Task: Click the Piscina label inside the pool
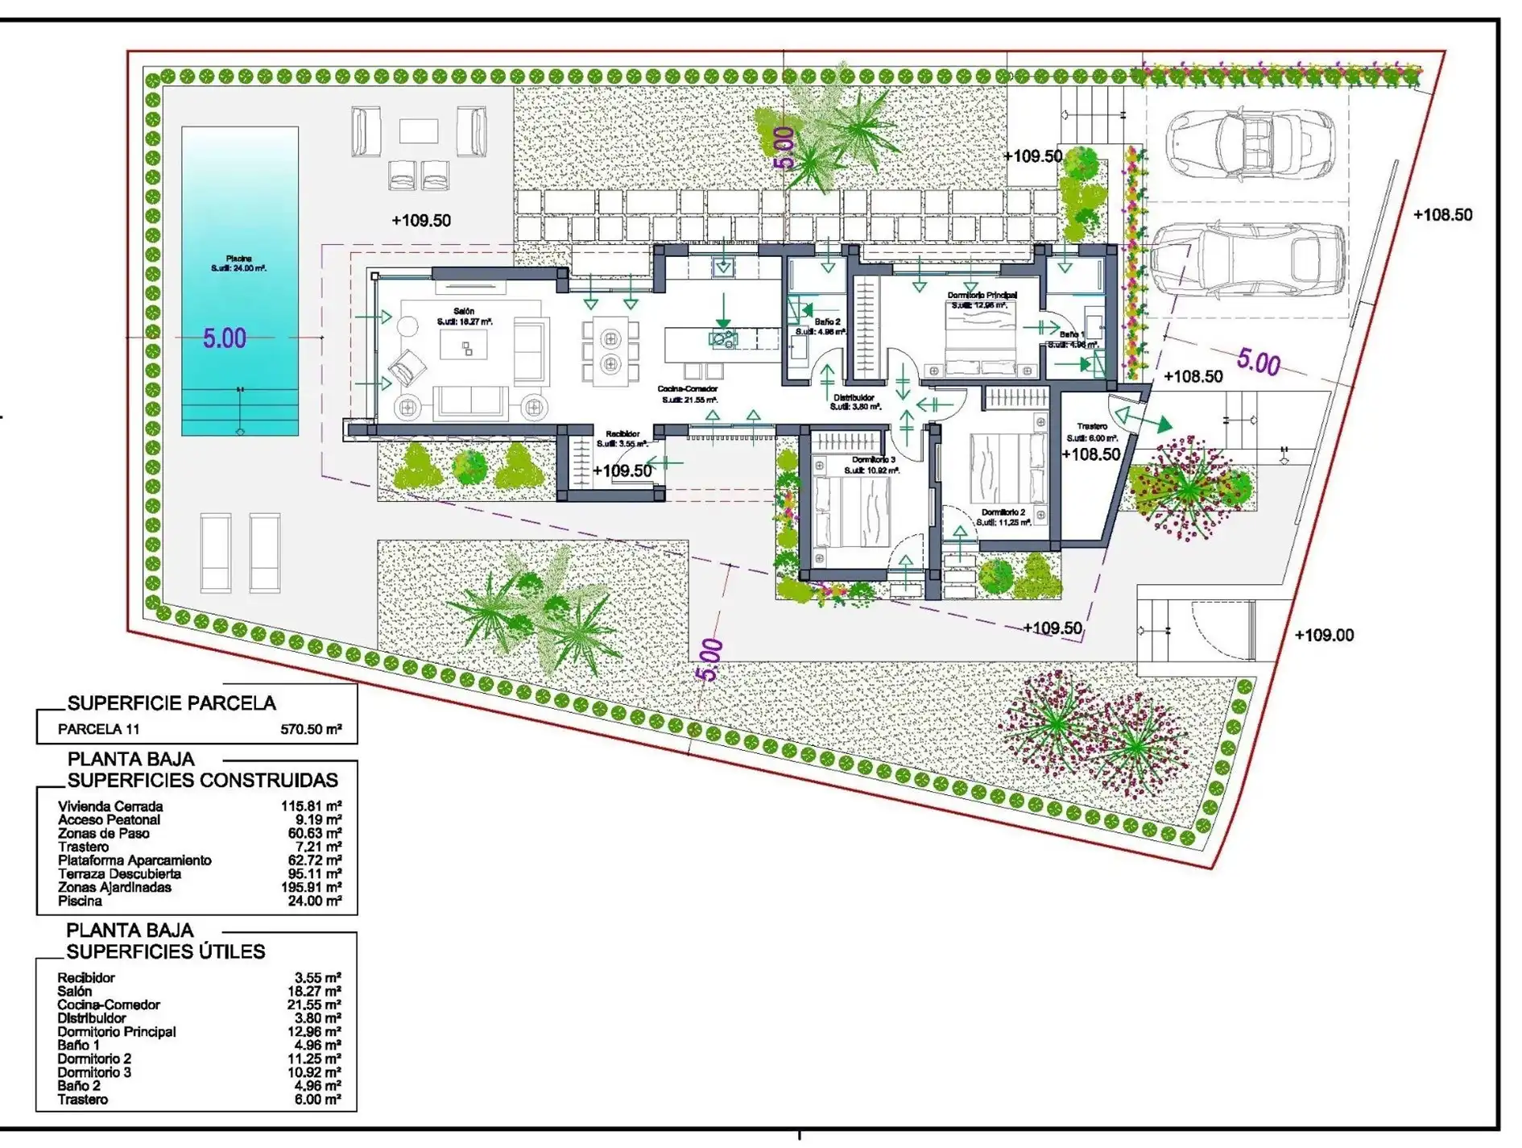click(238, 259)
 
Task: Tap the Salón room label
click(464, 311)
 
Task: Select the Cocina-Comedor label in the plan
click(687, 389)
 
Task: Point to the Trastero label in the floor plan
click(1092, 426)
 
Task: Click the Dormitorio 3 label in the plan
click(873, 460)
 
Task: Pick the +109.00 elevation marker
click(1324, 636)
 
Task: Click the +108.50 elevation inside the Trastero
click(1090, 454)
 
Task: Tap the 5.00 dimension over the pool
click(224, 338)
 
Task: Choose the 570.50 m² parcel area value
click(311, 730)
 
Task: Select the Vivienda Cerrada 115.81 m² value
click(311, 806)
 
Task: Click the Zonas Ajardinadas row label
click(114, 887)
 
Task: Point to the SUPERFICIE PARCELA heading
click(172, 703)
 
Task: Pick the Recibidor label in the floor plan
click(622, 434)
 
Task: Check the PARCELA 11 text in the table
click(98, 730)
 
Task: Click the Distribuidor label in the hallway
click(854, 397)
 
